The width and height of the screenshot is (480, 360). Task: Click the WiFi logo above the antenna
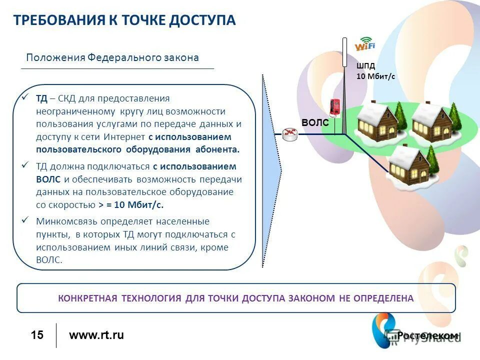coord(364,44)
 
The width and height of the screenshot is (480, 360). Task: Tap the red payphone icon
coord(334,107)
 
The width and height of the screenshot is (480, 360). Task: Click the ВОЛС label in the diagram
coord(315,122)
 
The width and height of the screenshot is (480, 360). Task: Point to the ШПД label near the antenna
coord(365,65)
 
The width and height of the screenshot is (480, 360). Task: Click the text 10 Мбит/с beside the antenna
coord(375,76)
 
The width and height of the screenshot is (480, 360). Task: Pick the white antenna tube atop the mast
coord(344,52)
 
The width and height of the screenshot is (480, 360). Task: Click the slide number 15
coord(37,335)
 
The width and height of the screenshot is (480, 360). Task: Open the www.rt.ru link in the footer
coord(96,335)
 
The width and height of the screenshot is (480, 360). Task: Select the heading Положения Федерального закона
coord(112,57)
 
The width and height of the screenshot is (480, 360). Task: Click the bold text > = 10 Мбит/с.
coord(131,204)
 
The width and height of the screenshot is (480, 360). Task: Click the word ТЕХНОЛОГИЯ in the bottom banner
coord(151,298)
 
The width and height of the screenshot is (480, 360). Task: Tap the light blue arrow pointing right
coord(272,170)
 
